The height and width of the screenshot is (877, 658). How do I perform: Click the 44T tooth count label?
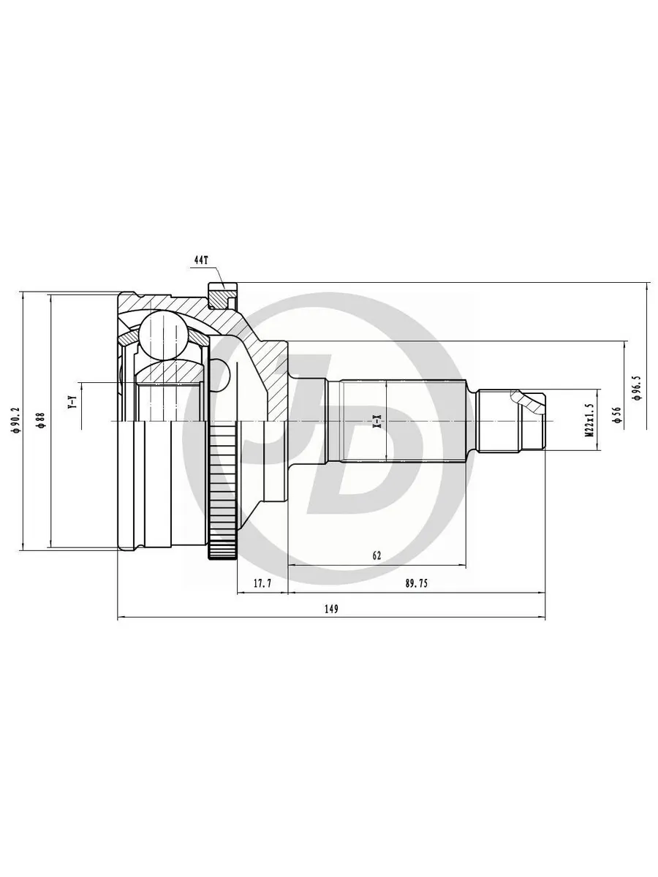click(201, 260)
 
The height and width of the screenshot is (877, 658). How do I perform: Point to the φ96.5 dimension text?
click(635, 388)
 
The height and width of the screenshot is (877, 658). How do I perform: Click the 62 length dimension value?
click(377, 555)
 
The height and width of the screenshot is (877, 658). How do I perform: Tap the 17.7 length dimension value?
click(262, 584)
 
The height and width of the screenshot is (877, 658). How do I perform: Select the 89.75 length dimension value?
click(416, 584)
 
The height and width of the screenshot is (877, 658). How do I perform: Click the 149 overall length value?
click(331, 610)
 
